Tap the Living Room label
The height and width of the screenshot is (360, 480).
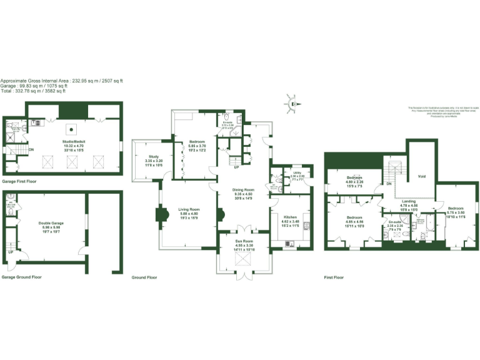(189, 210)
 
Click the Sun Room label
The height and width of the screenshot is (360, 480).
(244, 241)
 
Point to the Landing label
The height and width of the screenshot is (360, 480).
(409, 201)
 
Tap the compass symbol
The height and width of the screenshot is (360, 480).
(294, 103)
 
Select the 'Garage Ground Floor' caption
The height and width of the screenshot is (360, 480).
(22, 277)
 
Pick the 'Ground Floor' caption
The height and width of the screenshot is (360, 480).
(144, 277)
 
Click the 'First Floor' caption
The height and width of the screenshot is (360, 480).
(335, 277)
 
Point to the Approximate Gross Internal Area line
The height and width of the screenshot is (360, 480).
(61, 81)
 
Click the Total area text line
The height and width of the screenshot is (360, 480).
(32, 91)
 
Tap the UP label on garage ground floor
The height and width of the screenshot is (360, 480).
(11, 252)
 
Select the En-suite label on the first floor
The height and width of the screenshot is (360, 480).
(394, 222)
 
